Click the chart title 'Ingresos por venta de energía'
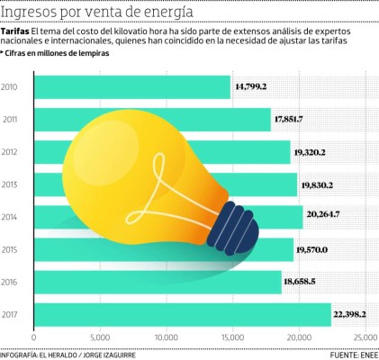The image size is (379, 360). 96,12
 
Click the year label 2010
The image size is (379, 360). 11,87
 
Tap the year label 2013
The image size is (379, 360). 11,184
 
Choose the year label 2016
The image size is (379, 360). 11,281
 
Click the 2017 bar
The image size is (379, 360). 180,313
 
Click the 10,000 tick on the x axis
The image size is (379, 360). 166,337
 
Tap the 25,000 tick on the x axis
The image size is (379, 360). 363,337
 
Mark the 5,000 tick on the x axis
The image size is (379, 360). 100,337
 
